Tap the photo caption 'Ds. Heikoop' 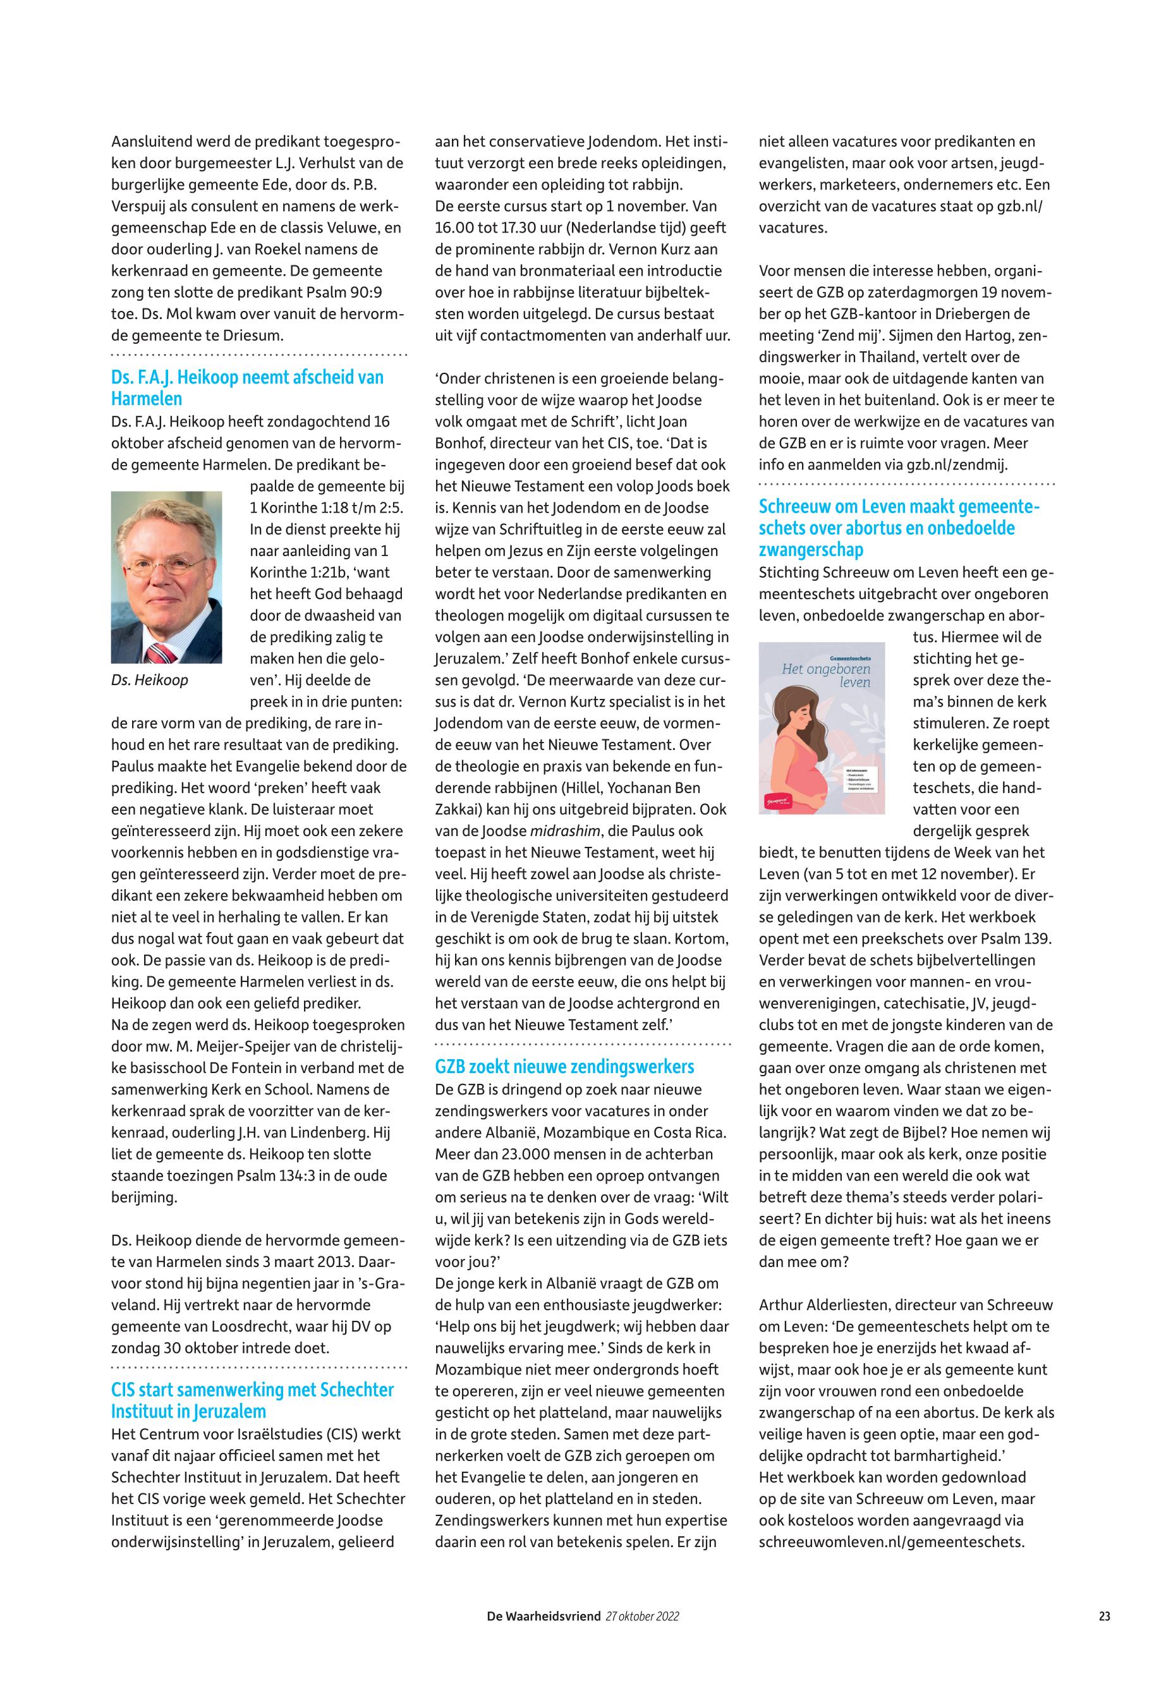[149, 680]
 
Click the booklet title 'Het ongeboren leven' [825, 675]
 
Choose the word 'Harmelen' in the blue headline [146, 399]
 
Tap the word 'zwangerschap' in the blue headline [810, 549]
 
